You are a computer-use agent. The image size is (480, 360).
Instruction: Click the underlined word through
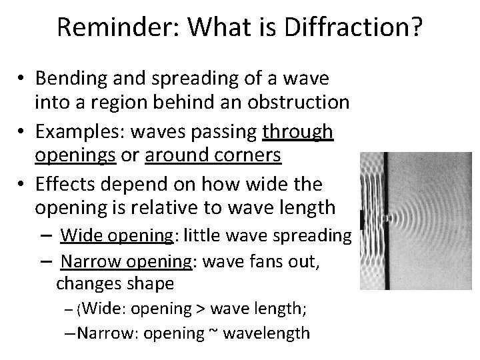(x=297, y=132)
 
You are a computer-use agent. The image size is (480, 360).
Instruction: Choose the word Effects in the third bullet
(x=63, y=184)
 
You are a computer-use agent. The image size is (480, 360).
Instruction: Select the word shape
(x=147, y=284)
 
